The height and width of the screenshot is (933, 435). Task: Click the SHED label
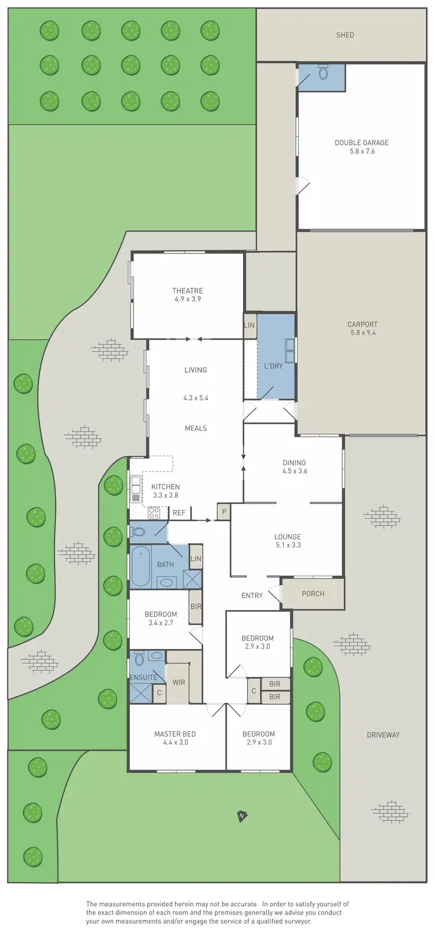[345, 35]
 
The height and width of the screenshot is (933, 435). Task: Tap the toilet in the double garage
[323, 73]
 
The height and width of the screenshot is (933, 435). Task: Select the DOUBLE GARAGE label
[361, 143]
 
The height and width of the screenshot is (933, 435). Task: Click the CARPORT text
[362, 325]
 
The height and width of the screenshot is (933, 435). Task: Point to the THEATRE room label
[187, 291]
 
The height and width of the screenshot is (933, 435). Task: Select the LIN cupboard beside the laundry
[249, 326]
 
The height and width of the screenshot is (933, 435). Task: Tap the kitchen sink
[136, 489]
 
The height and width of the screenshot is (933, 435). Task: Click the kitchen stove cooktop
[154, 513]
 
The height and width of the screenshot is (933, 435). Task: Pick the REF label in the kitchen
[179, 513]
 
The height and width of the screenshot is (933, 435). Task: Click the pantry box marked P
[224, 511]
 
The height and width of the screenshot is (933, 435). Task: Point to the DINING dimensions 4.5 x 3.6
[294, 471]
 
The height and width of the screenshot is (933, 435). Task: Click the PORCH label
[313, 594]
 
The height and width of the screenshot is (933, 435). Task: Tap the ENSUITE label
[143, 677]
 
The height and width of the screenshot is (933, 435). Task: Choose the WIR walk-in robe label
[179, 682]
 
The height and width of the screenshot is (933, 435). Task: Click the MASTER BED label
[175, 734]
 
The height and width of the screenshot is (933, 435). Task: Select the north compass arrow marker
[242, 816]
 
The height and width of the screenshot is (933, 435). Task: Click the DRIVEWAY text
[383, 735]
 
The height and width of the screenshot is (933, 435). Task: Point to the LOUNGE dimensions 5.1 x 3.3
[288, 545]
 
